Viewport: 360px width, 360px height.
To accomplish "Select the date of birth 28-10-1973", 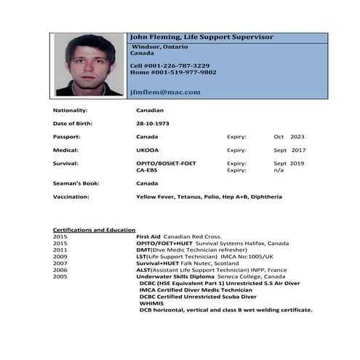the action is tap(153, 124).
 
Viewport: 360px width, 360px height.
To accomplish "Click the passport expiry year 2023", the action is tap(297, 137).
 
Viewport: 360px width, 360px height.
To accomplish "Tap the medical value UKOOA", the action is tap(148, 151).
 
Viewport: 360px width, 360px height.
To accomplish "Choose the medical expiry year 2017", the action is tap(297, 151).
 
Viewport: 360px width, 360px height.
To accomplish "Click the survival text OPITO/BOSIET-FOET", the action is tap(166, 164).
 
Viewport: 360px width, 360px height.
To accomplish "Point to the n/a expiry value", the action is tap(279, 170).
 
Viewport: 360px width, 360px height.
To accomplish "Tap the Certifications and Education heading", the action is tap(94, 230).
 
